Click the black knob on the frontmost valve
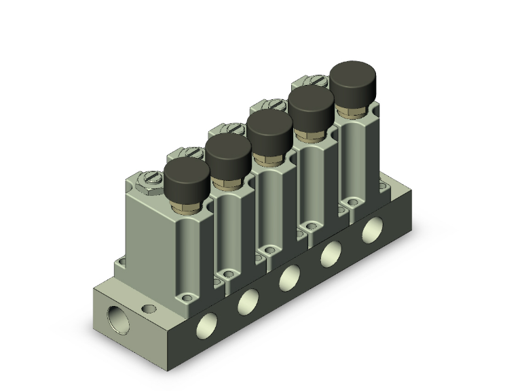tap(187, 179)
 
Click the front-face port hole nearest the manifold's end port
tap(204, 327)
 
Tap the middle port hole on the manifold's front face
tap(290, 277)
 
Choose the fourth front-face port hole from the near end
tap(331, 254)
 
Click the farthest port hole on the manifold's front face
tap(372, 230)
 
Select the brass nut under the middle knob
tap(269, 156)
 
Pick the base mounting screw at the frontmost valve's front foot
tap(187, 298)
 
